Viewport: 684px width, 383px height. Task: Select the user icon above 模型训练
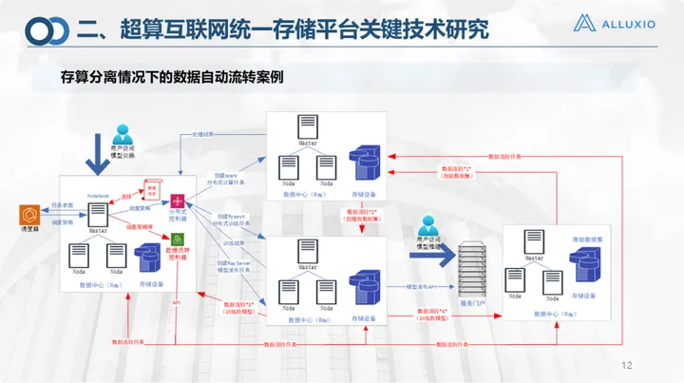click(x=122, y=135)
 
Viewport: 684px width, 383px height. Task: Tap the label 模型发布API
click(x=421, y=284)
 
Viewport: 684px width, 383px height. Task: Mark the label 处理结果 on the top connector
click(x=204, y=135)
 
